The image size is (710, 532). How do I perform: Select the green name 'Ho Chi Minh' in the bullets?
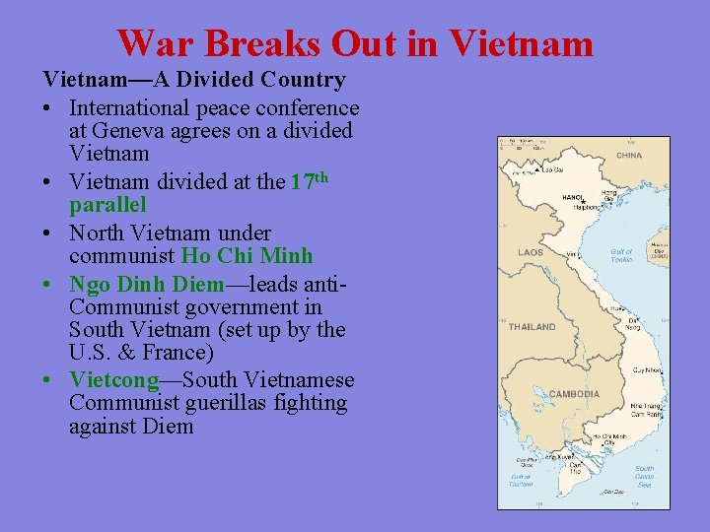247,256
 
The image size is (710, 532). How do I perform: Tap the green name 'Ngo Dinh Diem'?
147,284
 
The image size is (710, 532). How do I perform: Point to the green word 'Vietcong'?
114,380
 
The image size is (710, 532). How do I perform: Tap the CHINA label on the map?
628,156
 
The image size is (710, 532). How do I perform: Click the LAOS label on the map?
531,252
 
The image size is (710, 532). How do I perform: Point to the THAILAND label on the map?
532,326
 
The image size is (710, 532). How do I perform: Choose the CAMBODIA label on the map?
574,394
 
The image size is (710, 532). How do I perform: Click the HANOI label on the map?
573,197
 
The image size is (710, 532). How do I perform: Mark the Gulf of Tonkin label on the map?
621,255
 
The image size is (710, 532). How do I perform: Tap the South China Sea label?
644,476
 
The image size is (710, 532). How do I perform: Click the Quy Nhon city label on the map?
647,370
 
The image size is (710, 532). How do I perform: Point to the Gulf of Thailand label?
520,480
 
